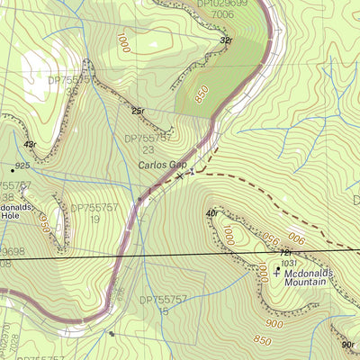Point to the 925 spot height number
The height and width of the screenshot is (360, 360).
22,167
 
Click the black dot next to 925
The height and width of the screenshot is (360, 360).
12,169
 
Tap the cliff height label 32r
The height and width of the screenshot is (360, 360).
225,40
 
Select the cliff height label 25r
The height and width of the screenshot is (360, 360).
138,111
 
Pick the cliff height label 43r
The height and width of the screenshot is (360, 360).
31,144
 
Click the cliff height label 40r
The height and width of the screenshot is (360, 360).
211,212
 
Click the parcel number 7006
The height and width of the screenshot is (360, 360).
223,15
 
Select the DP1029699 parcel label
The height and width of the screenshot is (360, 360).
221,4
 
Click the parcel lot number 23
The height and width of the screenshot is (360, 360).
148,150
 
